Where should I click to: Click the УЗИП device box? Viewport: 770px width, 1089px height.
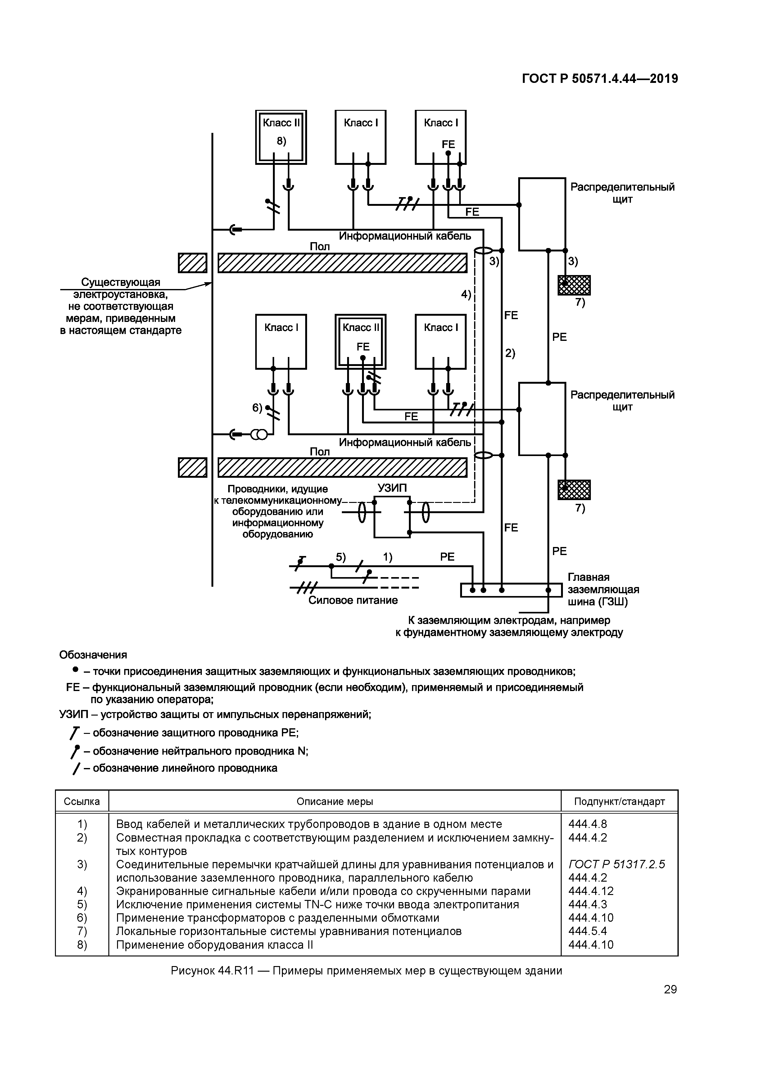392,517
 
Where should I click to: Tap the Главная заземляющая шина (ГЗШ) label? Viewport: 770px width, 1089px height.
603,590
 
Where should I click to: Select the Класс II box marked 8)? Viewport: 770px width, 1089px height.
281,137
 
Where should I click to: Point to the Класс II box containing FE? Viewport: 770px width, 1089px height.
360,341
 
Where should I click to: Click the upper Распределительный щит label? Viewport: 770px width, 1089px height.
622,193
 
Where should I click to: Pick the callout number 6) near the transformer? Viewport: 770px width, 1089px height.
257,407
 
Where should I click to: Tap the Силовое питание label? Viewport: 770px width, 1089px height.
353,600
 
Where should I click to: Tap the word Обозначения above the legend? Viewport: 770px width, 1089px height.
93,655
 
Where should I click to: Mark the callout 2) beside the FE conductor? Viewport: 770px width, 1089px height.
510,353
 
